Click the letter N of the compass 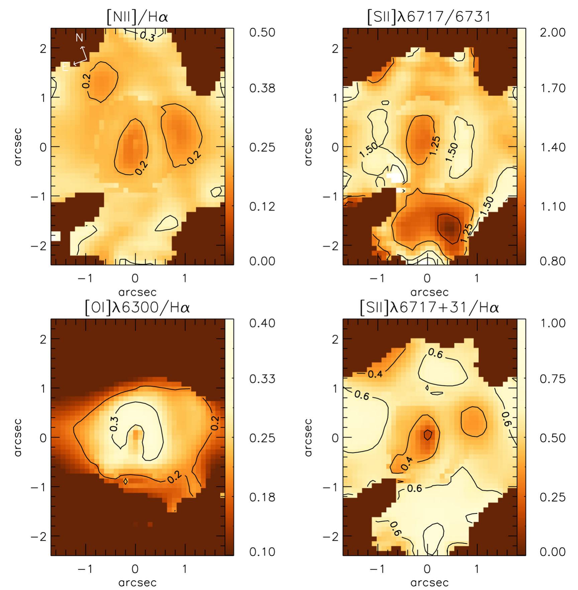[x=79, y=37]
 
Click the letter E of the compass [x=65, y=68]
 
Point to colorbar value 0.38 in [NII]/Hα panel [x=262, y=88]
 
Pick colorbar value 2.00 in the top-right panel [x=553, y=32]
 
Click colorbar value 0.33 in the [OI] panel [x=262, y=379]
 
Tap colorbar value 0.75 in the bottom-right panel [x=553, y=379]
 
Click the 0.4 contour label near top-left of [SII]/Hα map [x=375, y=374]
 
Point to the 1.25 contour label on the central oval [x=434, y=146]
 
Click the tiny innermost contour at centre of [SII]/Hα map [x=427, y=435]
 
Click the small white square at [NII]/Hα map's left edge [x=56, y=236]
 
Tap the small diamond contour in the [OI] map [x=125, y=481]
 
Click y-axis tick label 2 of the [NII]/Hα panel [x=43, y=48]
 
